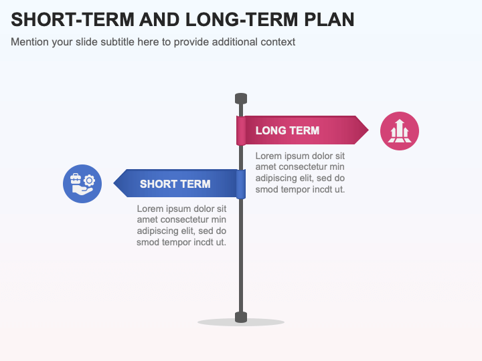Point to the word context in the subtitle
[x=278, y=42]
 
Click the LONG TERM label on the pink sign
[x=287, y=130]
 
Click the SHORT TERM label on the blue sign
[x=175, y=184]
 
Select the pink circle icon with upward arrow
[x=400, y=131]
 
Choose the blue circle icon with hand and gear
[x=82, y=184]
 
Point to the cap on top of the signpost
[x=241, y=99]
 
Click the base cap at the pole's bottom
[x=241, y=317]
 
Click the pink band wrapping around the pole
[x=241, y=131]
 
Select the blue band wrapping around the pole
[x=241, y=184]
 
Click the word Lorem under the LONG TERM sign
[x=269, y=156]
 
